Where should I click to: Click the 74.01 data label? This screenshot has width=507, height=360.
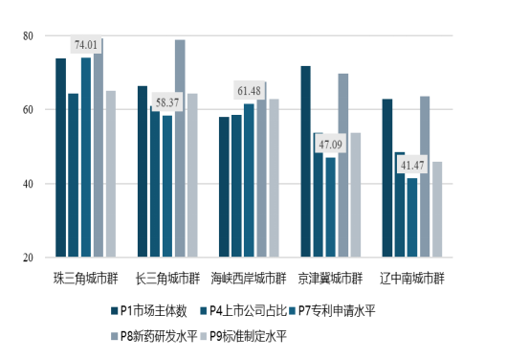86,45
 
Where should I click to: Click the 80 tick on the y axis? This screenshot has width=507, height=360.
27,36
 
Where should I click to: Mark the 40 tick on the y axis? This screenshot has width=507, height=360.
27,184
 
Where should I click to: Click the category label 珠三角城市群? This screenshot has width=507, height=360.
86,279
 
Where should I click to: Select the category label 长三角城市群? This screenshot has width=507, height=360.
168,279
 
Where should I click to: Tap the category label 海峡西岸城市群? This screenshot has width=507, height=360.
250,279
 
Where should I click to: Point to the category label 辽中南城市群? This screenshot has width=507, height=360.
413,279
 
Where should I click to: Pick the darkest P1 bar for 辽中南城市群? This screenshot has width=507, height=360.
387,178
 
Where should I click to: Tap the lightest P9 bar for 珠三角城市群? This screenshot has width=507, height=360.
111,174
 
